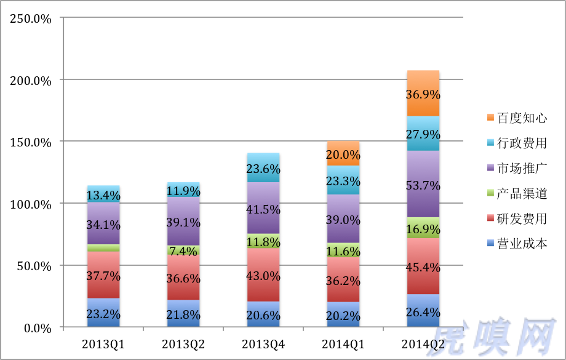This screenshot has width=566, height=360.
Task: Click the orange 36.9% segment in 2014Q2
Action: click(423, 93)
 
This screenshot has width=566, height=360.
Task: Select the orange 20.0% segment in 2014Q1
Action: click(343, 153)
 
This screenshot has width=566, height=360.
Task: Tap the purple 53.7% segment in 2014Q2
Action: click(423, 184)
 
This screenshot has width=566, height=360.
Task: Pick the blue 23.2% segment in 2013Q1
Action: click(103, 313)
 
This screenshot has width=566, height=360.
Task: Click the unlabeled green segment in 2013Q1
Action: click(103, 248)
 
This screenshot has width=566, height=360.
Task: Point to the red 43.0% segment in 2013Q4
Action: click(263, 275)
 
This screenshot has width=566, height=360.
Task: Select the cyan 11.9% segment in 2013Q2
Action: click(183, 190)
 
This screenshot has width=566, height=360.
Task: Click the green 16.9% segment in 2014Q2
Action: click(423, 228)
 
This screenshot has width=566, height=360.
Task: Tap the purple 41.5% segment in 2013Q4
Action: click(263, 208)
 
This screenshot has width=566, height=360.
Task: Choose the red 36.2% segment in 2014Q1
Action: click(343, 279)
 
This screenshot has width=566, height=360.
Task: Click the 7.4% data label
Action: click(183, 250)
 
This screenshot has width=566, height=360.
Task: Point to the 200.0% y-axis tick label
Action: click(31, 81)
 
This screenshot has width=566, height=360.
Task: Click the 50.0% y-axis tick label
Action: click(34, 266)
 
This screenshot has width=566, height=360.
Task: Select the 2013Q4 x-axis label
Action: click(263, 344)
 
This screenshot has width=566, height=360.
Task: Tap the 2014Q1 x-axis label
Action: click(343, 344)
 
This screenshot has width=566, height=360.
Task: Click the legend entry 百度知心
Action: click(517, 118)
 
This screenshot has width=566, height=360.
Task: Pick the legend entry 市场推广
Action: click(517, 168)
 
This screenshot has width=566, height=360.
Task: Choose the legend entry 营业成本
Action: click(517, 244)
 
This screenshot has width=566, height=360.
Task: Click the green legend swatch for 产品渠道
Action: click(490, 193)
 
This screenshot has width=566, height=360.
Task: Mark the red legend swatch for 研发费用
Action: click(490, 218)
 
